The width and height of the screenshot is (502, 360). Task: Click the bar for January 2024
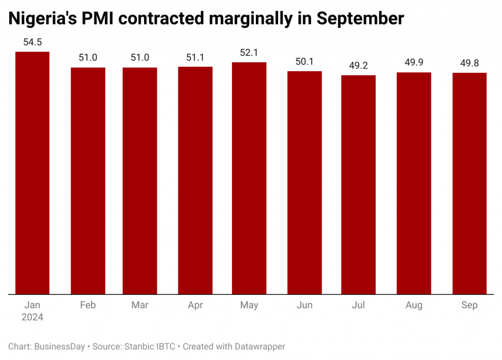click(x=32, y=173)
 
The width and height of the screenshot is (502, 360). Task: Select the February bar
click(x=88, y=181)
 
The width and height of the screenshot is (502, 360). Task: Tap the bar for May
click(x=249, y=178)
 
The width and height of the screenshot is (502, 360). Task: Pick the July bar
click(x=358, y=185)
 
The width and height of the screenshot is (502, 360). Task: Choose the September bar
click(x=469, y=184)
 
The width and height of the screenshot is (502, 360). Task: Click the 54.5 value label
click(x=32, y=43)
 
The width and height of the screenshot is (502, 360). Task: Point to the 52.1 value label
click(x=249, y=53)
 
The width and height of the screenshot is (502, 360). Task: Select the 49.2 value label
click(x=358, y=66)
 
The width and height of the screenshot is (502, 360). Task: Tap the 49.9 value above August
click(x=414, y=63)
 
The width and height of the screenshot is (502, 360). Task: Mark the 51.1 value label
click(x=195, y=58)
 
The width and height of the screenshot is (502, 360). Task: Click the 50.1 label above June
click(x=304, y=62)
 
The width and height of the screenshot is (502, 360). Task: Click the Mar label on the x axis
click(x=140, y=305)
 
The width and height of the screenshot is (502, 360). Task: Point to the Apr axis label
click(x=195, y=305)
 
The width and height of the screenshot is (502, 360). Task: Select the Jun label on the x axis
click(x=304, y=305)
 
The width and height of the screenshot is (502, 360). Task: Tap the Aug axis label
click(x=414, y=305)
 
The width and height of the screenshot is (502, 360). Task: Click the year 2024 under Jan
click(x=32, y=317)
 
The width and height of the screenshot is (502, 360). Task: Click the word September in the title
click(x=360, y=19)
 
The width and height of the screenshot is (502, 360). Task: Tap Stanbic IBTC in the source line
click(x=151, y=347)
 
